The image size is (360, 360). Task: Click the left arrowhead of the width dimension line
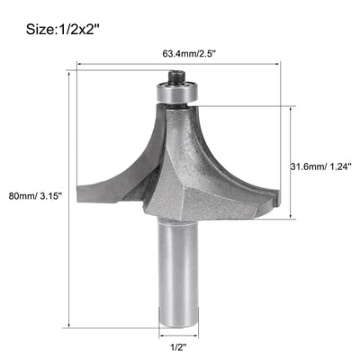[80, 65]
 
